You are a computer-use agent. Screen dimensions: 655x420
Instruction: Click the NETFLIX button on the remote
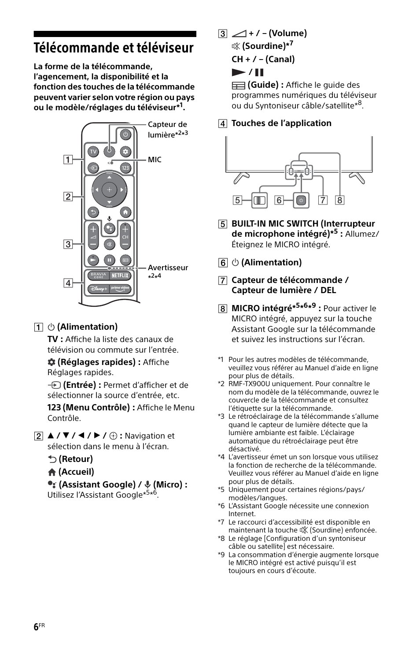click(x=120, y=275)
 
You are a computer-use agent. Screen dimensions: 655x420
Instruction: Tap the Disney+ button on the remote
click(x=98, y=289)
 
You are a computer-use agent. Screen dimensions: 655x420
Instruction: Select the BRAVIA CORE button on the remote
click(x=98, y=275)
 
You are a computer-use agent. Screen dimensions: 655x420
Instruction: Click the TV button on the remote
click(x=93, y=152)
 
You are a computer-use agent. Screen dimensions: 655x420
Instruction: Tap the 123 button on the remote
click(x=125, y=168)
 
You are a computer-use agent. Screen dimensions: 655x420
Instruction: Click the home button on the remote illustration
click(x=125, y=212)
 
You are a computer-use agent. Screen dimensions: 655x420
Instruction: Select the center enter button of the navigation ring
click(x=109, y=190)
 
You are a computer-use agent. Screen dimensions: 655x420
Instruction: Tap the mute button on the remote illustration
click(x=109, y=244)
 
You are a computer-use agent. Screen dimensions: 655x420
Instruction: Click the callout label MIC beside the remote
click(x=155, y=160)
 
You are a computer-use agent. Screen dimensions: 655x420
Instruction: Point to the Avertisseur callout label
click(x=168, y=268)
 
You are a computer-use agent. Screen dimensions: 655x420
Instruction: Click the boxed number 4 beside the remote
click(x=68, y=283)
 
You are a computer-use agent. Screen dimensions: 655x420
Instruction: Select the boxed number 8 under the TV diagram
click(x=339, y=200)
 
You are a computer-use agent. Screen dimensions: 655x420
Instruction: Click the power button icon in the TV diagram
click(x=301, y=201)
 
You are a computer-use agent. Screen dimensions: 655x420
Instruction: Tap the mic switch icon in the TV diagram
click(x=260, y=201)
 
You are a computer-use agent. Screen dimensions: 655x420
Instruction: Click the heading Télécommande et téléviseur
click(x=114, y=48)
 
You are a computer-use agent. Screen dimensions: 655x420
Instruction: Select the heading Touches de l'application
click(x=281, y=123)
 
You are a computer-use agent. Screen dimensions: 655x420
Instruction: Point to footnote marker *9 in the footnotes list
click(x=221, y=555)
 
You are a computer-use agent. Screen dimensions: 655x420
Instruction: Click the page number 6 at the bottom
click(x=36, y=627)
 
